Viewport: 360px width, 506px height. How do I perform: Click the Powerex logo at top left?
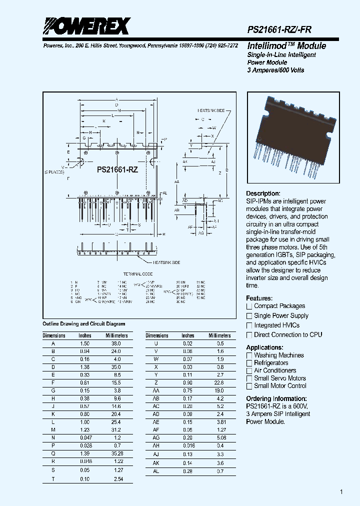coord(86,26)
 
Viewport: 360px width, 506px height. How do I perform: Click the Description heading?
coord(263,193)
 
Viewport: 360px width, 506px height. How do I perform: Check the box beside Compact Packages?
coord(249,306)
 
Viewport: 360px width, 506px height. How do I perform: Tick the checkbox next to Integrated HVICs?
coord(249,325)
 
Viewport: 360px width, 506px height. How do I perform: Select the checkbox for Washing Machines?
coord(249,355)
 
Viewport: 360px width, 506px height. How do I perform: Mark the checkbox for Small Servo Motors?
coord(249,378)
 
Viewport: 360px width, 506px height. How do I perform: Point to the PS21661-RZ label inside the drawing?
coord(117,170)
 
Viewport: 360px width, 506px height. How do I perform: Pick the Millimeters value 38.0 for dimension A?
coord(114,344)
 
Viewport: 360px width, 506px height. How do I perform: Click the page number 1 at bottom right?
coord(341,492)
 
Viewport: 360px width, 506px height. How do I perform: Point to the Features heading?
coord(259,298)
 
